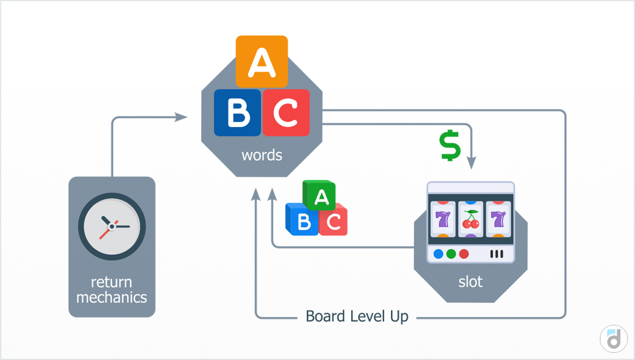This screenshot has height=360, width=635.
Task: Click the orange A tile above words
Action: [x=261, y=61]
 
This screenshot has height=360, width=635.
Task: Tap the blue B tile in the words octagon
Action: [x=237, y=113]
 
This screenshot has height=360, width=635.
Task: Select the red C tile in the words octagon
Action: [x=286, y=113]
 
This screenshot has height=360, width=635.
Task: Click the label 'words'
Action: [x=261, y=154]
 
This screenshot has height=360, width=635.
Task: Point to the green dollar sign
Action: [x=449, y=145]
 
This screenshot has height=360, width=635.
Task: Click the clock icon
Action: [x=112, y=225]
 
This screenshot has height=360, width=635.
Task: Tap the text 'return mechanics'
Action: [x=112, y=290]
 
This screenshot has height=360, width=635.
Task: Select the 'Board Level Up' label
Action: [x=357, y=316]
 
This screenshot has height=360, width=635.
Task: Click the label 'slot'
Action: [x=471, y=282]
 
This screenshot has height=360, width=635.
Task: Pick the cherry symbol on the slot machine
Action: [x=471, y=219]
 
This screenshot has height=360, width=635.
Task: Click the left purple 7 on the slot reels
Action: [x=443, y=219]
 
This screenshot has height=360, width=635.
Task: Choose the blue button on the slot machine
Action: [x=438, y=254]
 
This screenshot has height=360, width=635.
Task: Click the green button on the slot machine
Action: [x=450, y=254]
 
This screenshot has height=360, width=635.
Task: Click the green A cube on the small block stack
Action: [x=320, y=196]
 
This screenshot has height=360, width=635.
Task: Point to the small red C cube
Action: [x=333, y=222]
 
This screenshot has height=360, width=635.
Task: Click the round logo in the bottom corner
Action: [x=613, y=338]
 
